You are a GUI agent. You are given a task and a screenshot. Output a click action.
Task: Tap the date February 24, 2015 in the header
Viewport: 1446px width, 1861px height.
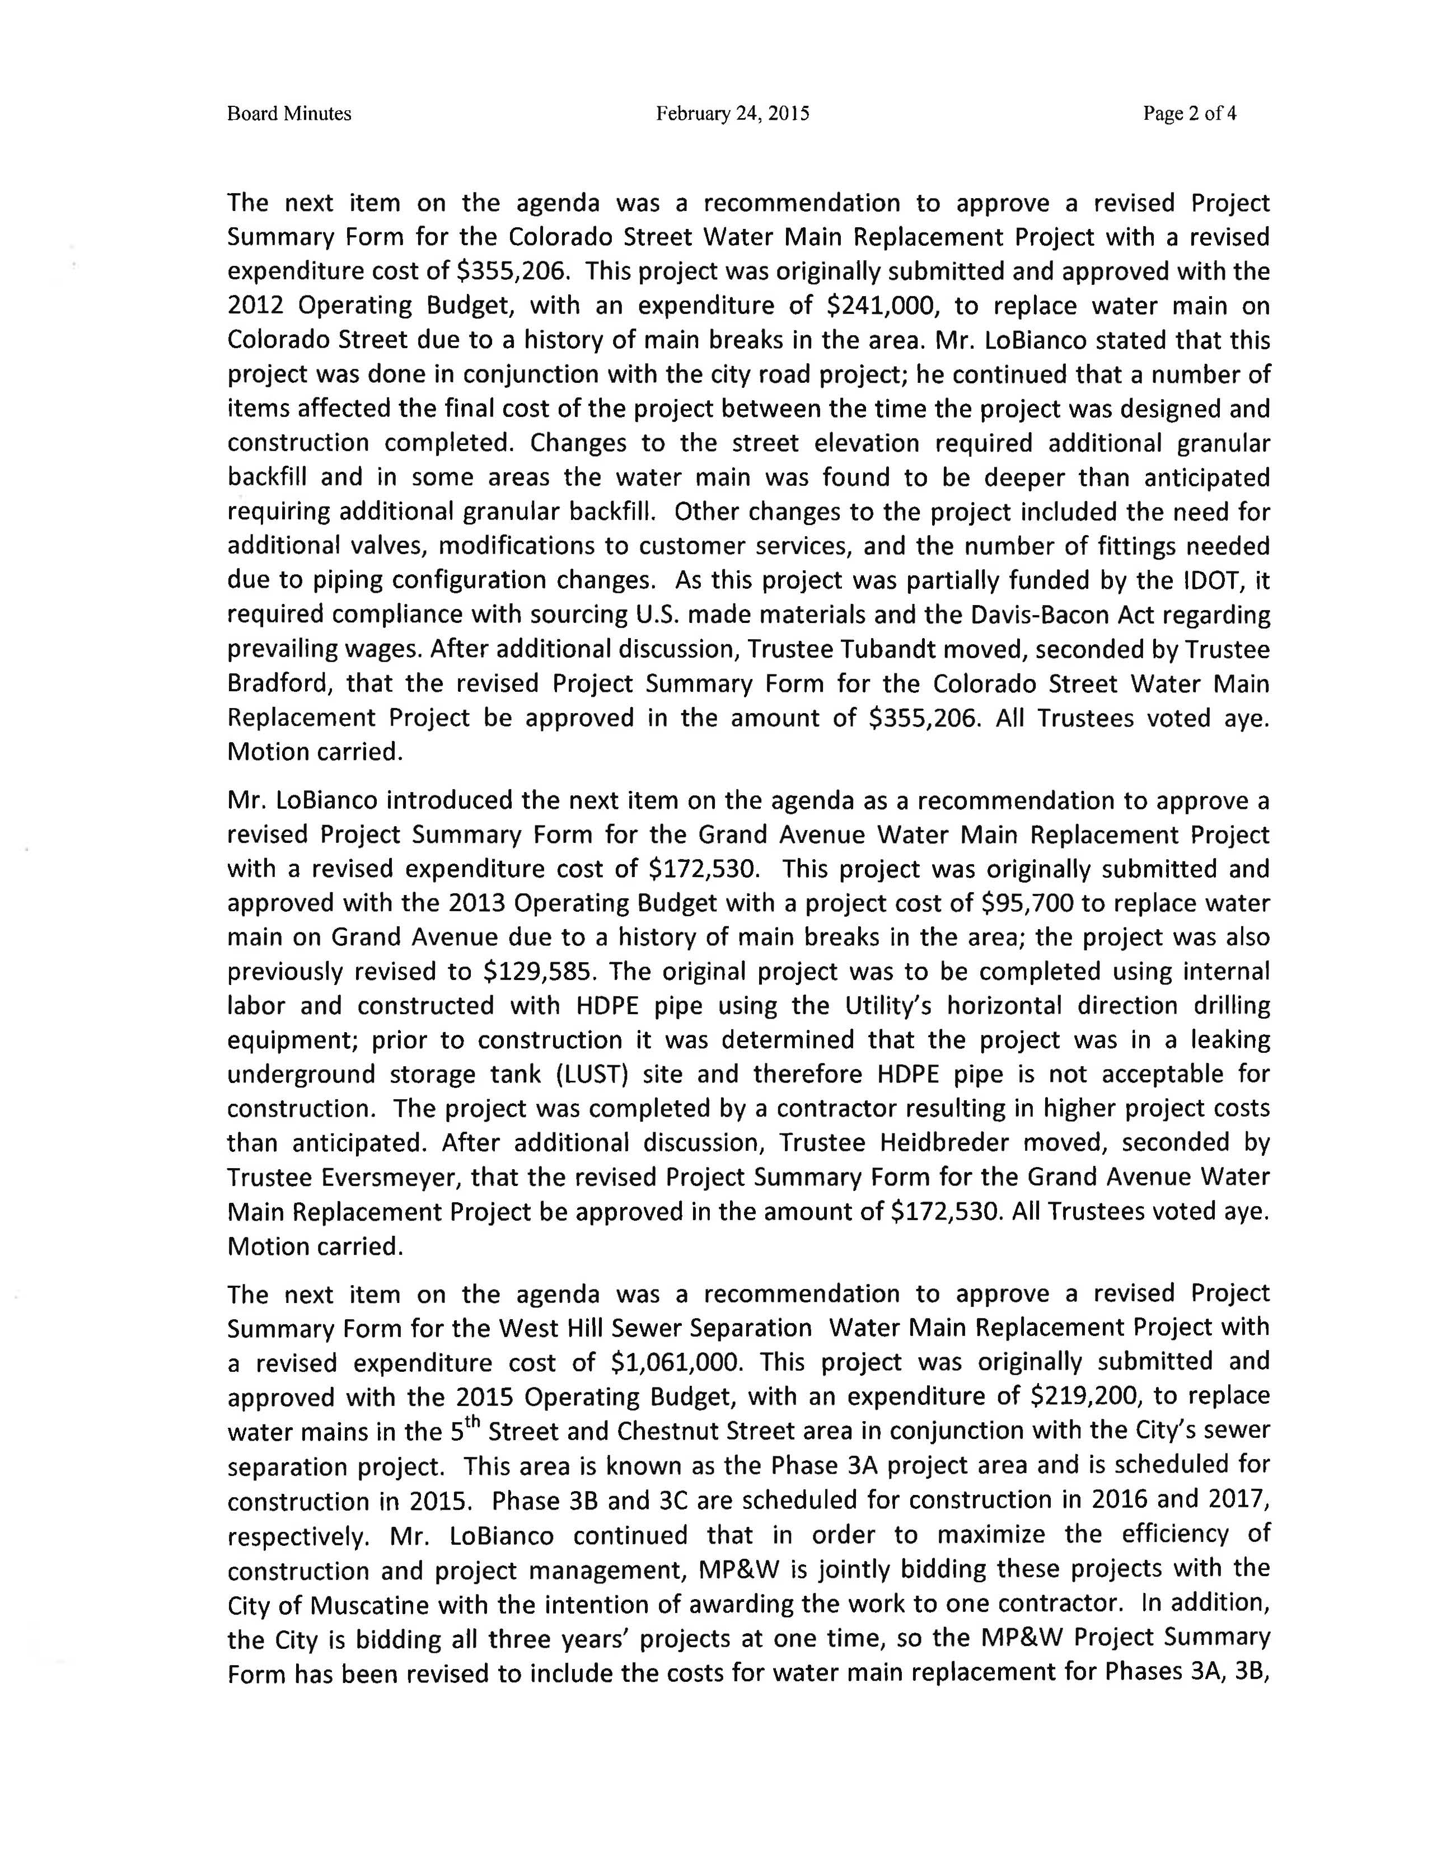coord(732,113)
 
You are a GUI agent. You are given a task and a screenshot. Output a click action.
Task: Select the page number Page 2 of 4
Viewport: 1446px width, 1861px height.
coord(1190,113)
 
